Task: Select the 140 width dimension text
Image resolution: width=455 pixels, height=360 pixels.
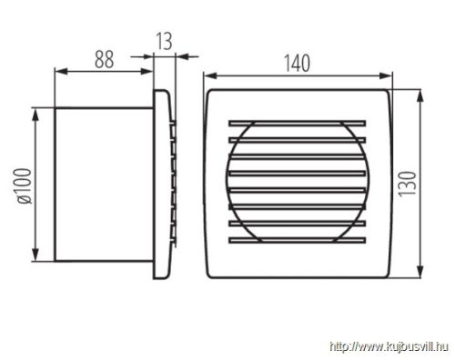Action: pyautogui.click(x=296, y=63)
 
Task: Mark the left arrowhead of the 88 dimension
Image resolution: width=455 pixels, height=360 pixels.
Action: pyautogui.click(x=59, y=71)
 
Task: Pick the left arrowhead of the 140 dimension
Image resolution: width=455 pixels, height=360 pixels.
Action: pyautogui.click(x=206, y=75)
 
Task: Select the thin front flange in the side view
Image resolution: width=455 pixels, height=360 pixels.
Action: pyautogui.click(x=162, y=184)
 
